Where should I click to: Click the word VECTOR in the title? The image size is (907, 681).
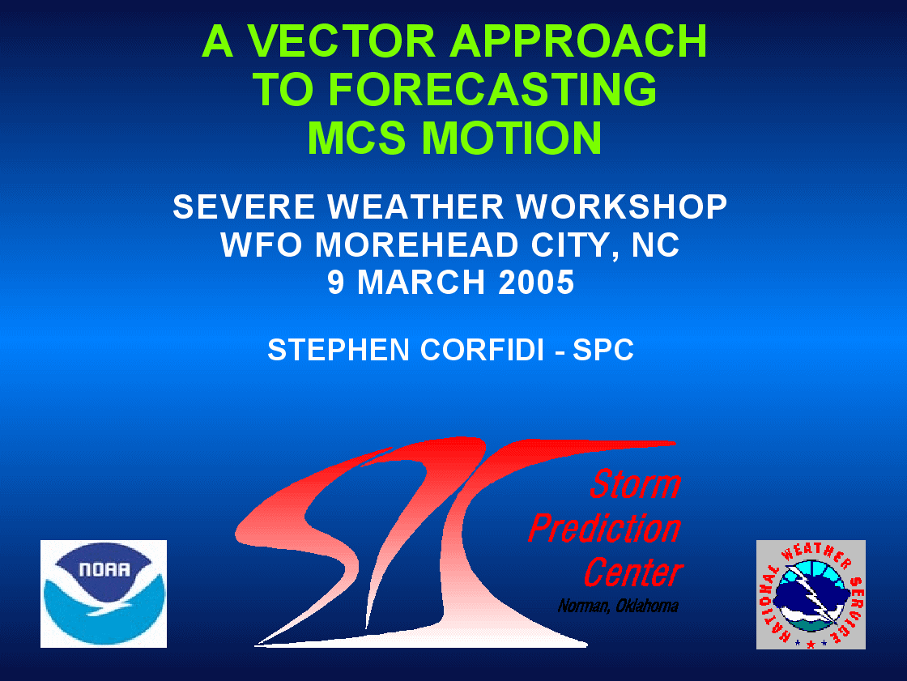[341, 41]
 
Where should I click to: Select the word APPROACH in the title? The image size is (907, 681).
[578, 41]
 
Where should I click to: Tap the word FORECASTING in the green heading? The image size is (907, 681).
[493, 90]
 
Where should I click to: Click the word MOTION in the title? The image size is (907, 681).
[512, 138]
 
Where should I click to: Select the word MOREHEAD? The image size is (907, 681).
[416, 245]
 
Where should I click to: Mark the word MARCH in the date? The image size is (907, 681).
[421, 283]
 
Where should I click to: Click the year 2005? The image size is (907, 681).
[536, 283]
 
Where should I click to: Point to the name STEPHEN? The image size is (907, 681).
[339, 350]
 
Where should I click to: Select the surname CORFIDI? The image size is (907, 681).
[482, 350]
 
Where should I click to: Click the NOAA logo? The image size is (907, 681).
[104, 594]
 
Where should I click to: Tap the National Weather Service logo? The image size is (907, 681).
[811, 594]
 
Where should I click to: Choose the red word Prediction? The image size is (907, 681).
[604, 528]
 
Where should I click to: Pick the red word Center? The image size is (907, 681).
[632, 572]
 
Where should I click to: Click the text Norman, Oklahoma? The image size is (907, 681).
[618, 606]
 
